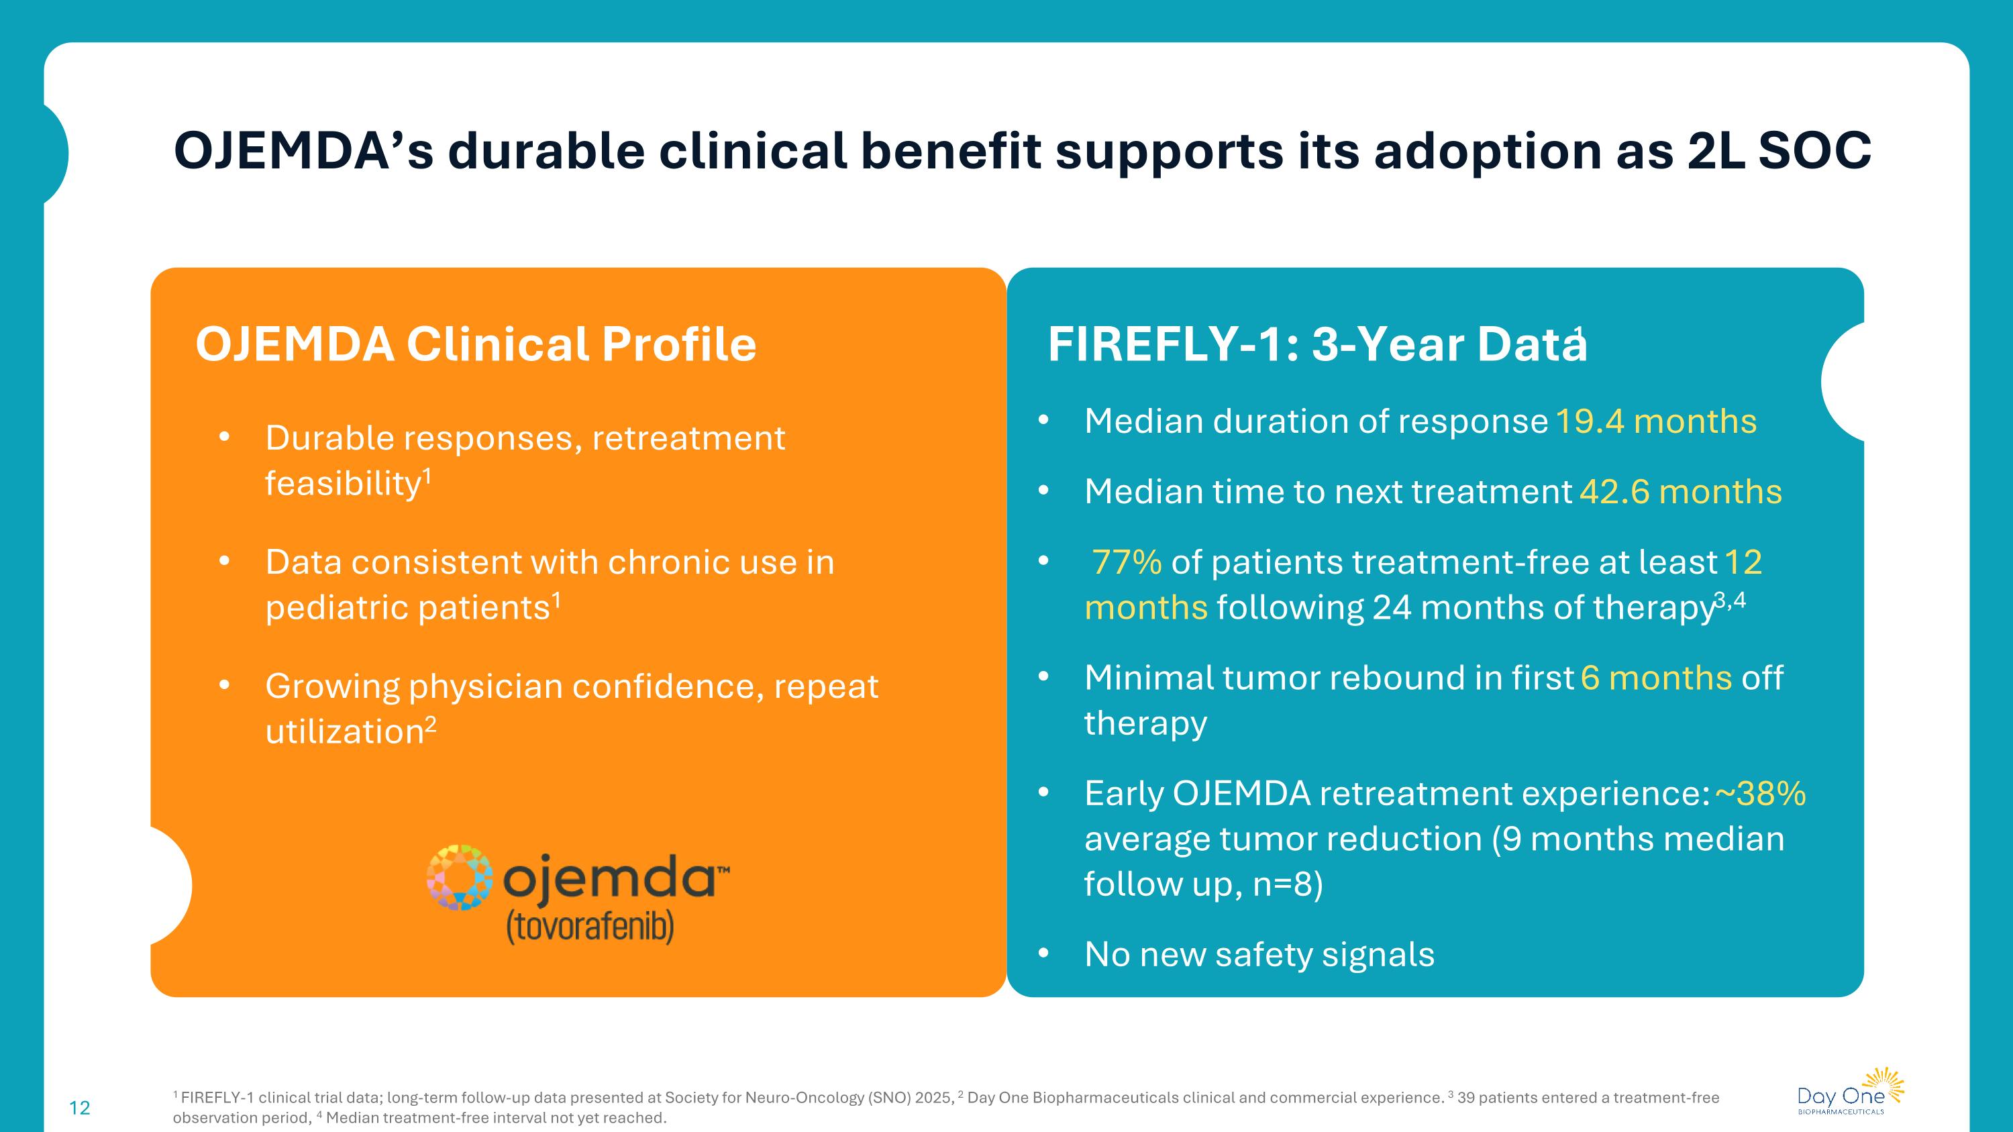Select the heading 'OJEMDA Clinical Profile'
(476, 344)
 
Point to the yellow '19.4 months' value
(1656, 422)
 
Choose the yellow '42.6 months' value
(1680, 492)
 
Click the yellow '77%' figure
(1126, 562)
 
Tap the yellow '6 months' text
(1656, 678)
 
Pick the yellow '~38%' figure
(1760, 794)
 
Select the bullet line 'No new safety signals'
(1259, 955)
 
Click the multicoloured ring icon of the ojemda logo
(460, 877)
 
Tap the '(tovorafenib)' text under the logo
(590, 928)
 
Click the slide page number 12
(80, 1108)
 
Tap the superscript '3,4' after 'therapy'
(1728, 601)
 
